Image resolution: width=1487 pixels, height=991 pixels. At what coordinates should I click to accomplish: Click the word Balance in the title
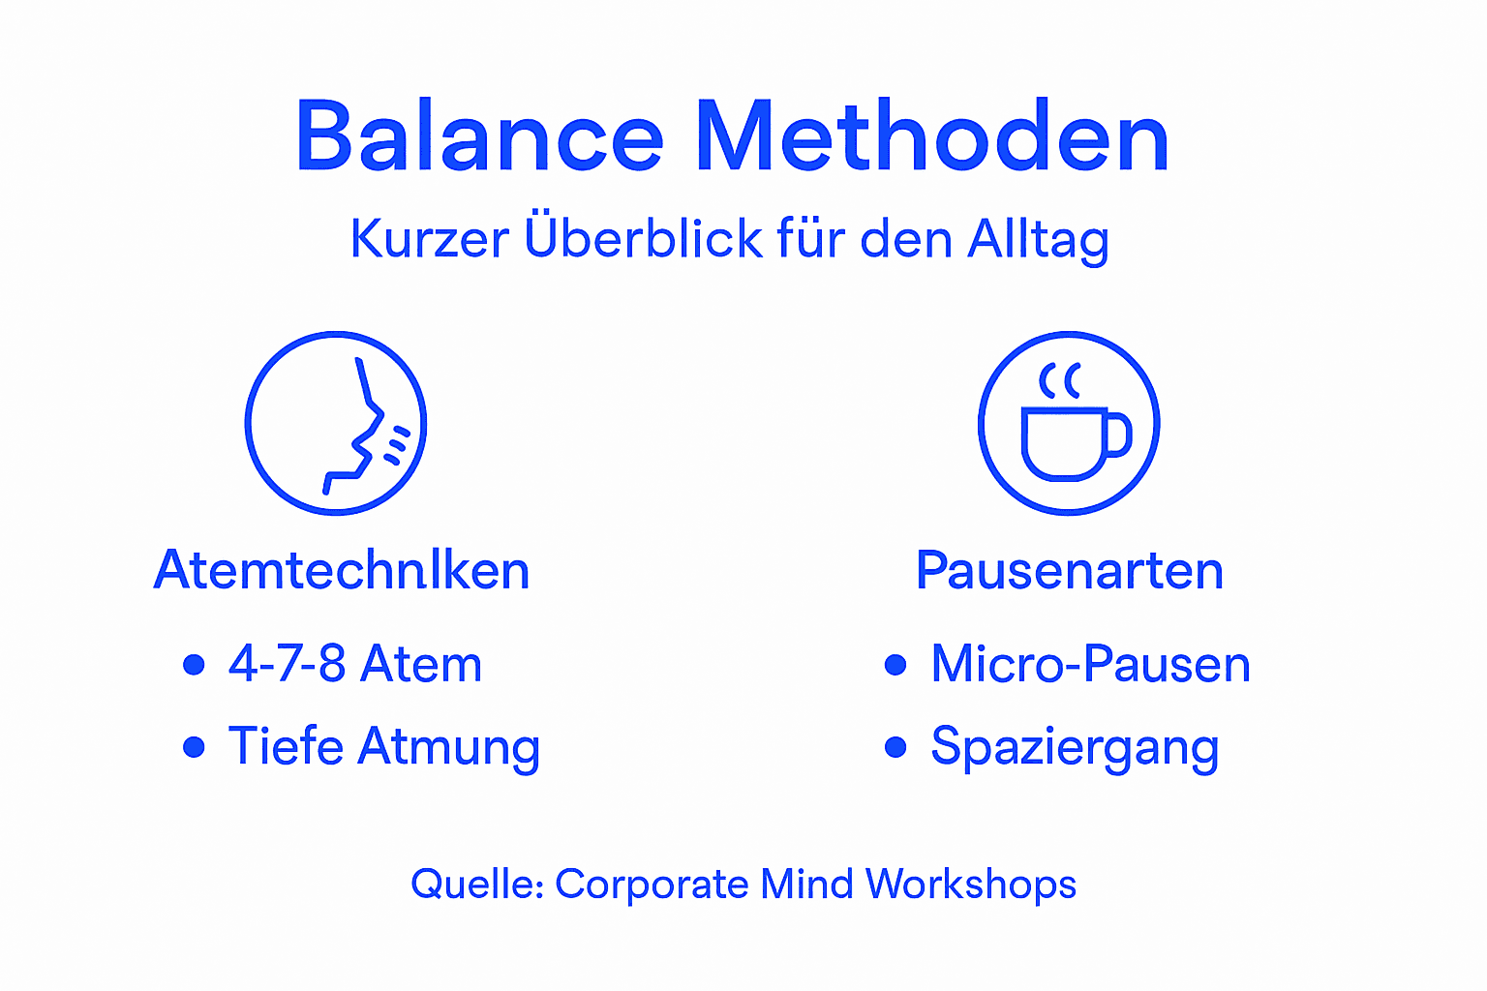pos(479,137)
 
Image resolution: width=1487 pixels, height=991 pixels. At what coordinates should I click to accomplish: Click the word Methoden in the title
pos(932,137)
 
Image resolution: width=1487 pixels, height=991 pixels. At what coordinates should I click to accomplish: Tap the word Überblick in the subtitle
pos(643,239)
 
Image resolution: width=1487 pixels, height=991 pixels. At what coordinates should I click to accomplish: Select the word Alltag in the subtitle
pos(1038,239)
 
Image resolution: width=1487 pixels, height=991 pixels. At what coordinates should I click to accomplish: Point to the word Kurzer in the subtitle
pos(429,239)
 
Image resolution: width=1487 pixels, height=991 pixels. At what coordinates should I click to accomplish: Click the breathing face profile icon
pos(336,423)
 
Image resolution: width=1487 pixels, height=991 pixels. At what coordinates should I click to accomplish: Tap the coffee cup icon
pos(1069,423)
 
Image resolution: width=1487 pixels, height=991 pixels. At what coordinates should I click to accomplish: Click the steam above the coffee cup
pos(1060,381)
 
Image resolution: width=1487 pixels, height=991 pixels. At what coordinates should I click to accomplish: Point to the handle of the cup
pos(1119,435)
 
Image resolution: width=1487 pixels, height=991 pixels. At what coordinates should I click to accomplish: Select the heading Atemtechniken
pos(342,570)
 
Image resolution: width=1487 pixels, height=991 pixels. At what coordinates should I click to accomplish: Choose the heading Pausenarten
pos(1070,570)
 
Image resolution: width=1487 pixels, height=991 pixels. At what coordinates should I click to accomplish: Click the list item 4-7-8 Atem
pos(354,664)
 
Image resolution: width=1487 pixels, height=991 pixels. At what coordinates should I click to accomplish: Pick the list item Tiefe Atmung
pos(383,746)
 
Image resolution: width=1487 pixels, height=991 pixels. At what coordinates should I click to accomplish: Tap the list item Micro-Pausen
pos(1090,664)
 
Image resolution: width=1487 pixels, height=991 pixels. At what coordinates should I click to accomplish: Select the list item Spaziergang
pos(1074,746)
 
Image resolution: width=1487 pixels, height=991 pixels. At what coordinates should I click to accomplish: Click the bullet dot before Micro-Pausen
pos(895,665)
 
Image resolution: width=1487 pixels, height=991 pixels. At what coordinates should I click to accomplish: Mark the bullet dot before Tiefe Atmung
pos(194,747)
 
